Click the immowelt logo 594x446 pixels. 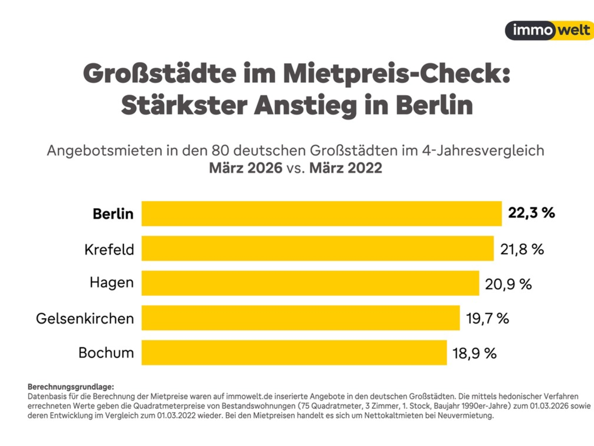tap(549, 30)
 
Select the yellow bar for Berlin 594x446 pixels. tap(321, 214)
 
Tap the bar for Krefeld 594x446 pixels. tap(317, 248)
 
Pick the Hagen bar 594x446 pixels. tap(310, 283)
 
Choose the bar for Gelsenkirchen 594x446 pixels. tap(300, 318)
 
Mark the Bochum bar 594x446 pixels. tap(294, 352)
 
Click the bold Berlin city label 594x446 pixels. tap(113, 214)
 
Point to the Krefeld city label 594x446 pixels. tap(109, 249)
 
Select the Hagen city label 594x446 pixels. tap(112, 283)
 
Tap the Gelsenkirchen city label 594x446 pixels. tap(85, 319)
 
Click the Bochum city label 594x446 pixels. tap(106, 353)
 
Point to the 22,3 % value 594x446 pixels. tap(532, 213)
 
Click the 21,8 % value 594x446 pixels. tap(522, 249)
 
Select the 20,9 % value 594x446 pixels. tap(508, 284)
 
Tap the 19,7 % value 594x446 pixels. tap(488, 318)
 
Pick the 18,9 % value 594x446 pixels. tap(475, 353)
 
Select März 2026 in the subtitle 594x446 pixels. tap(246, 168)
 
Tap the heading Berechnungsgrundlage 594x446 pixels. tap(71, 387)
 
